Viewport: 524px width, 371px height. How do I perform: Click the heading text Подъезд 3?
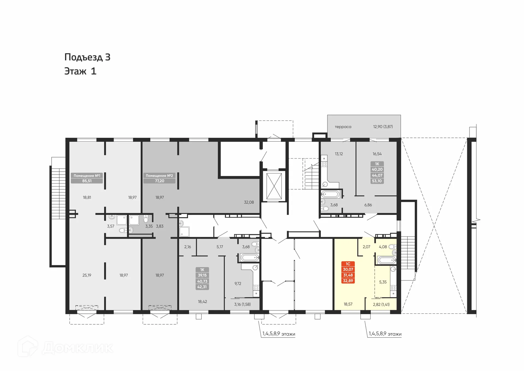(x=87, y=57)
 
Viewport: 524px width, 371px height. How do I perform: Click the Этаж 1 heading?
(x=80, y=71)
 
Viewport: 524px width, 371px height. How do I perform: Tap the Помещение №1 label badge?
(x=87, y=178)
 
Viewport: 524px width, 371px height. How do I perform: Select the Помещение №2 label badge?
(x=159, y=178)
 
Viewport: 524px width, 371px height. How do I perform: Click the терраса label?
(x=343, y=127)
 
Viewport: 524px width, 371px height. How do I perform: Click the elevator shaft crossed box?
(x=274, y=186)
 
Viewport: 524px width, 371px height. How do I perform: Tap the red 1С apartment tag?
(x=348, y=272)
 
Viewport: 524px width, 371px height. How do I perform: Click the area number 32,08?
(x=249, y=202)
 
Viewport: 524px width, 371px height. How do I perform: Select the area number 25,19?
(x=87, y=275)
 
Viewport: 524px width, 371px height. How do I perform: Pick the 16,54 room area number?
(x=377, y=154)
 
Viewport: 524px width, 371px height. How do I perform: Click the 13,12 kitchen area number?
(x=339, y=154)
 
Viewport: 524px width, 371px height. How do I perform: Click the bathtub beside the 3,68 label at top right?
(x=331, y=195)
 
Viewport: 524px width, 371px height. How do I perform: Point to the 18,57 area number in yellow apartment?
(x=348, y=304)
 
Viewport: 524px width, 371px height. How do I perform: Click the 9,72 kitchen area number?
(x=238, y=284)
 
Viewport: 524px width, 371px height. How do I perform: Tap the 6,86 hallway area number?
(x=368, y=205)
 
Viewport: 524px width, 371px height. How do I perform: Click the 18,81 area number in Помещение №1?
(x=87, y=198)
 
